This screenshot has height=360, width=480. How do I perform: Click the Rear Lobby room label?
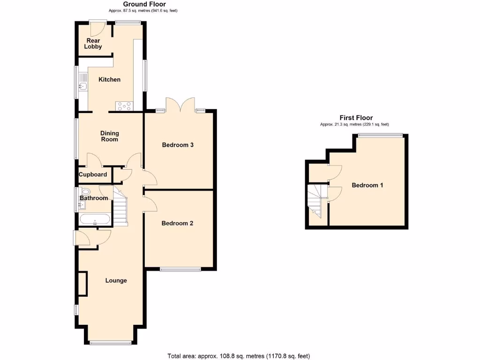tap(93, 44)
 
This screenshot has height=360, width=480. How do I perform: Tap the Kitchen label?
tap(109, 80)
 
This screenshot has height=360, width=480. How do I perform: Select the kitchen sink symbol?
tap(82, 86)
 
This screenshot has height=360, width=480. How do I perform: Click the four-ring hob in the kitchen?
tap(124, 106)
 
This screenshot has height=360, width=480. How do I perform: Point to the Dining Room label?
tap(109, 136)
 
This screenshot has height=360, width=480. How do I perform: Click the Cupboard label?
tap(93, 174)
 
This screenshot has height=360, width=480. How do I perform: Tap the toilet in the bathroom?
tap(85, 192)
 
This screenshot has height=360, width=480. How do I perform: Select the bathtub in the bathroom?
tap(95, 219)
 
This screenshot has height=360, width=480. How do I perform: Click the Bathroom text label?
tap(94, 198)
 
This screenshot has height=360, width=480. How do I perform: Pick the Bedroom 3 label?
tap(178, 145)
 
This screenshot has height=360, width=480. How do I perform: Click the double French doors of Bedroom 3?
tap(180, 105)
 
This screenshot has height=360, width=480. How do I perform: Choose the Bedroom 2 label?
tap(177, 223)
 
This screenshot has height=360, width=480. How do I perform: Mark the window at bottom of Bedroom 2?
tap(180, 269)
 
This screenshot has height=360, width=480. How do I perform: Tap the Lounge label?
tap(116, 280)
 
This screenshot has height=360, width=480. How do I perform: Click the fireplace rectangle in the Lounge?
tap(82, 284)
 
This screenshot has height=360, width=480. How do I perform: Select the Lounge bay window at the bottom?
tap(111, 343)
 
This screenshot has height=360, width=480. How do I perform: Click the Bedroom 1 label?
tap(367, 185)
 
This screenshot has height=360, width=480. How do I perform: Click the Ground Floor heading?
tap(144, 4)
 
